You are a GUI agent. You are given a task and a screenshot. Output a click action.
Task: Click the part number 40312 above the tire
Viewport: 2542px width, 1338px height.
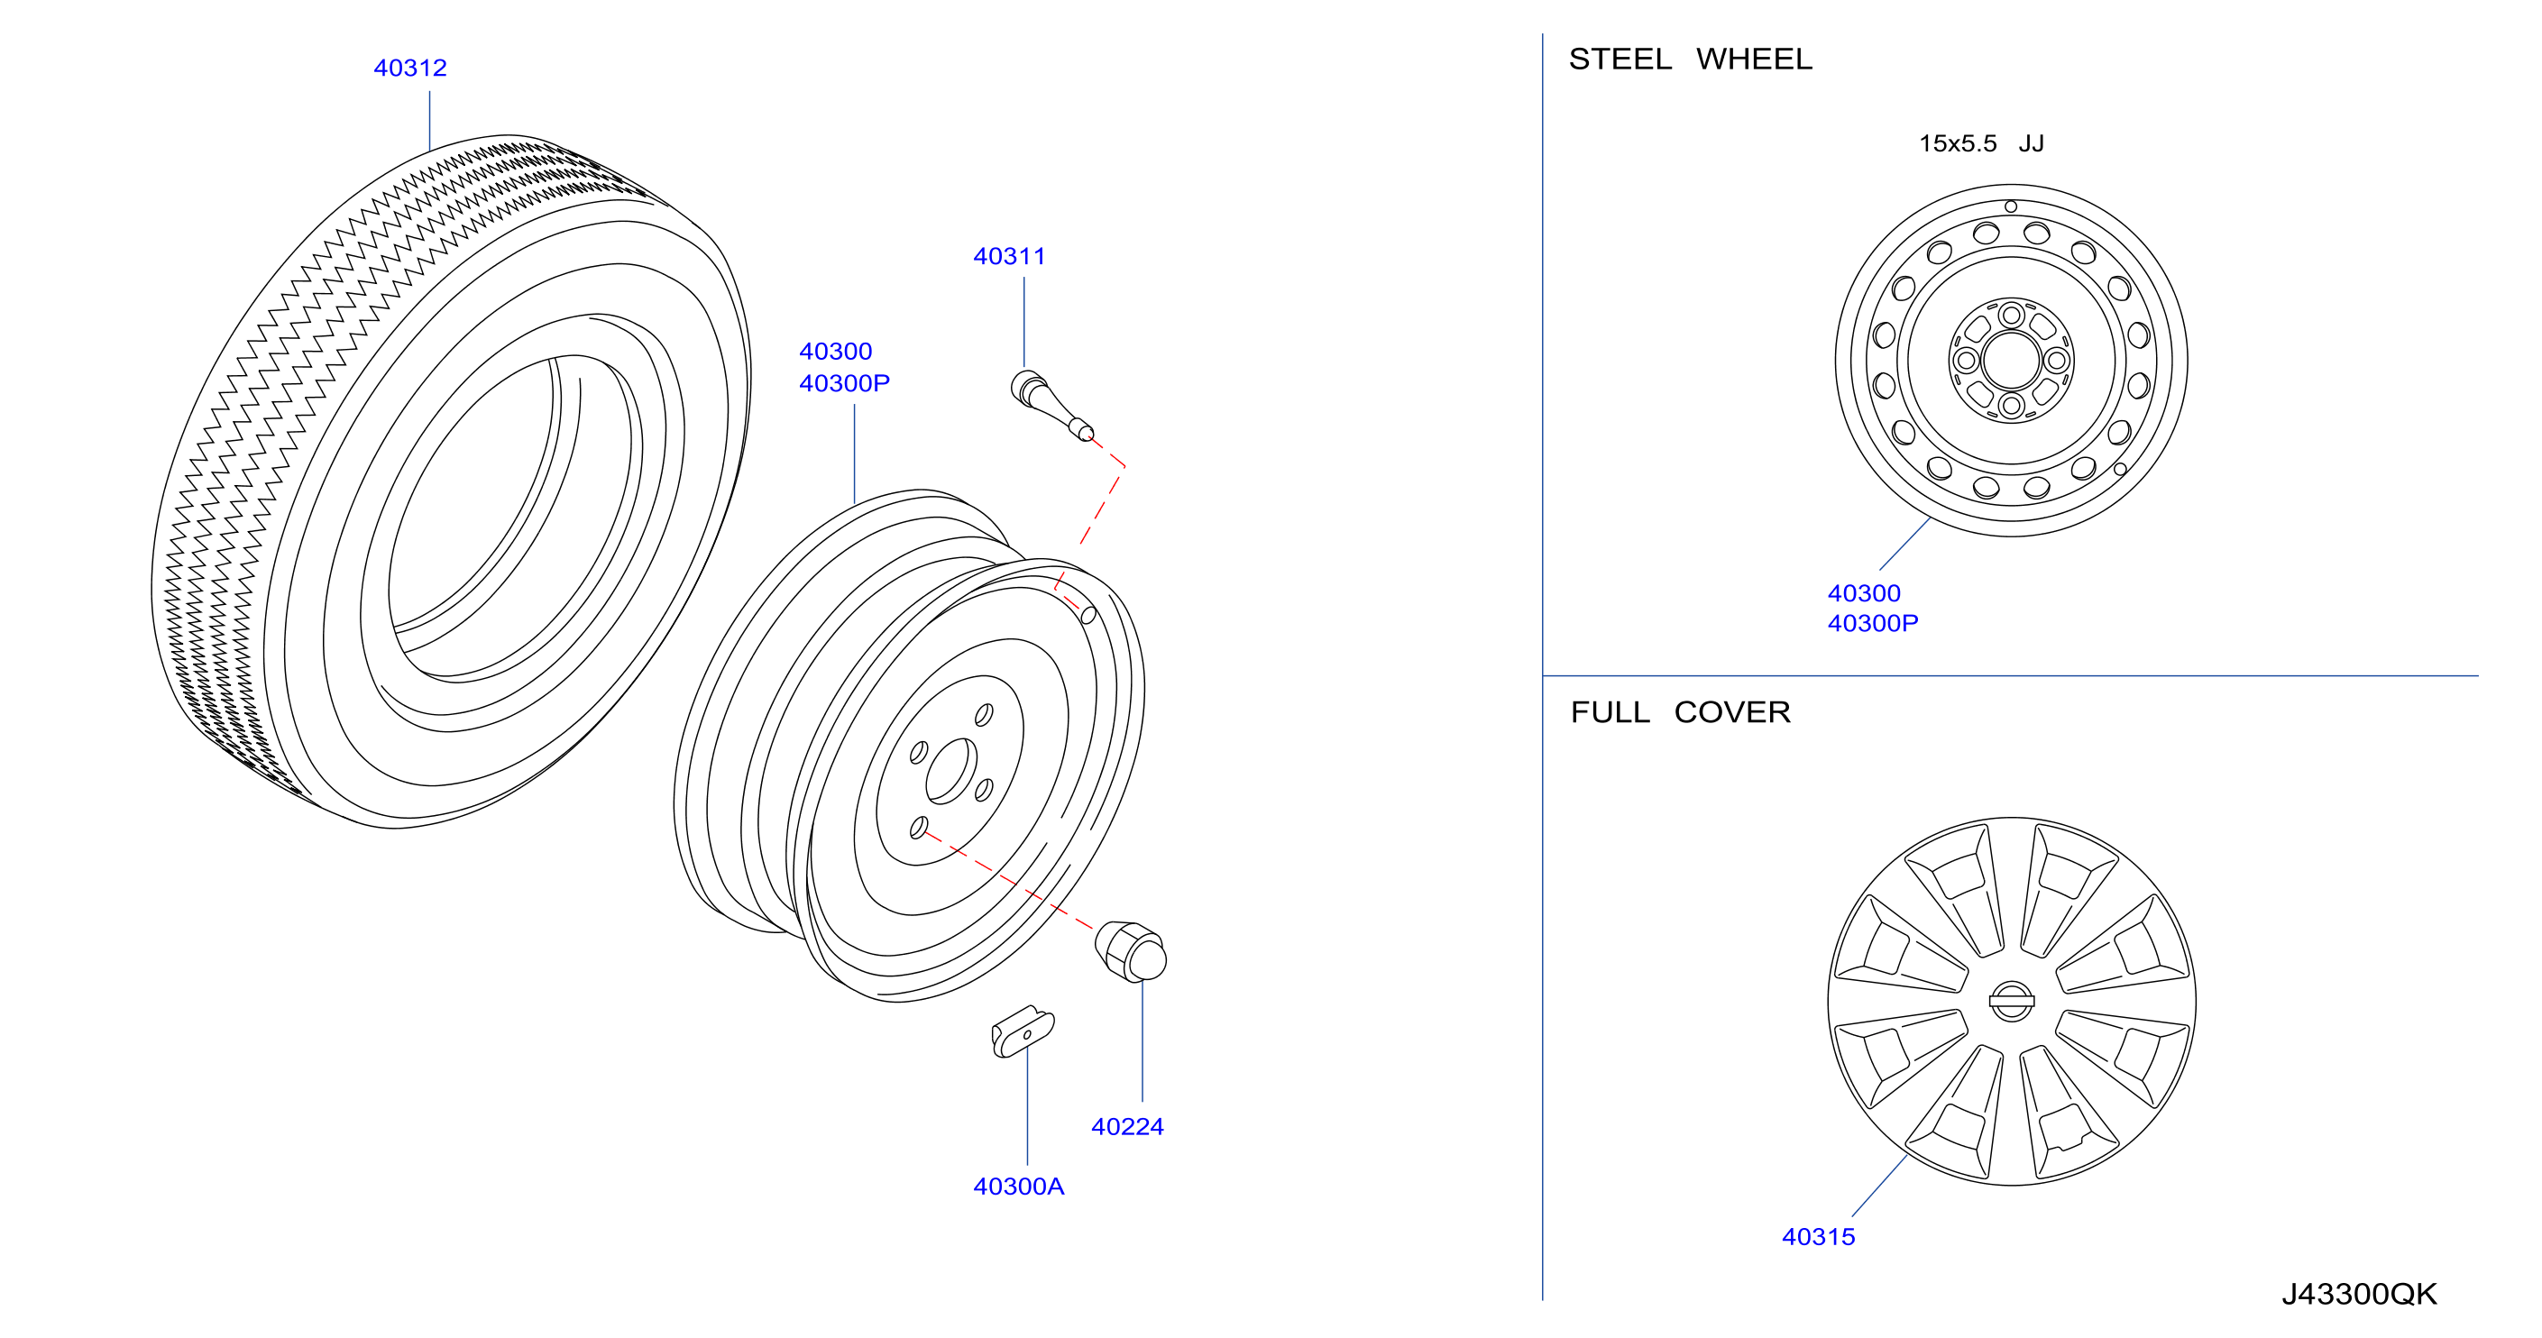click(x=409, y=69)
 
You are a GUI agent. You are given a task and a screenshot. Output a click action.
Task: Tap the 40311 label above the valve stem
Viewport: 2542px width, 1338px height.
click(x=1008, y=257)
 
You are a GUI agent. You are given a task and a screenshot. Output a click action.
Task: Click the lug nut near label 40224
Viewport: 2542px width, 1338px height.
click(x=1131, y=951)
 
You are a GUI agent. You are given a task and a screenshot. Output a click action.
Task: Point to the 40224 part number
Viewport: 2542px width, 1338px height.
click(x=1127, y=1127)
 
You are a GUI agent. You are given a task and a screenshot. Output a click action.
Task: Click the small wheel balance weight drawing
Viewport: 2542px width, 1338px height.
click(x=1023, y=1032)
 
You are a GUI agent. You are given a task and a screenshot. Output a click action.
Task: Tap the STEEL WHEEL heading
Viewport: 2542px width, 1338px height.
click(x=1691, y=60)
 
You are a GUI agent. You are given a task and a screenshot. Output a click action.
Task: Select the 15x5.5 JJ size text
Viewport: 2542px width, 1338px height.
click(x=1980, y=144)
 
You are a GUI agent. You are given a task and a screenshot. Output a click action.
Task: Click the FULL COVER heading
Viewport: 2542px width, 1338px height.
click(x=1680, y=712)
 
